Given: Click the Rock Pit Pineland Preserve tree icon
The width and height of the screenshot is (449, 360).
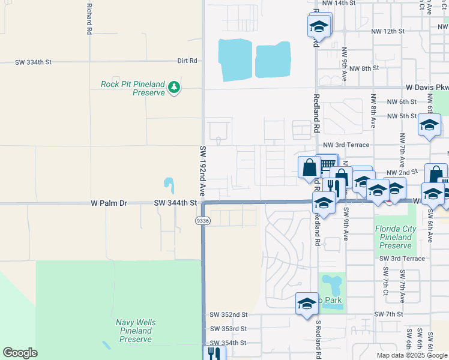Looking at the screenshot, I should point(174,88).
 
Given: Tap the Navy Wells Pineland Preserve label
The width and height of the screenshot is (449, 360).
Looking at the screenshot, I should point(136,331).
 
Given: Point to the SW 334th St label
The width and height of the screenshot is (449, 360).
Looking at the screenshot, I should point(34,62).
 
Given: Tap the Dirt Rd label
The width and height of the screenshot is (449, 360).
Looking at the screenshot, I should point(187,61).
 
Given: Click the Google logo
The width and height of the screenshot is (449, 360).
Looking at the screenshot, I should point(20,353).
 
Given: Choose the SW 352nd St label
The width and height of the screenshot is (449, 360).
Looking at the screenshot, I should point(228,314).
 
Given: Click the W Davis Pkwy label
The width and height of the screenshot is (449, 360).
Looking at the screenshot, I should point(426,88).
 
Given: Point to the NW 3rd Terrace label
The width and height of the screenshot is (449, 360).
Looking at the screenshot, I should point(346,145).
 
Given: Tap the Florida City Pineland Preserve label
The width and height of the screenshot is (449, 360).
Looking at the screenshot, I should point(395,237).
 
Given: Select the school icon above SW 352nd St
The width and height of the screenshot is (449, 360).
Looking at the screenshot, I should point(307,304).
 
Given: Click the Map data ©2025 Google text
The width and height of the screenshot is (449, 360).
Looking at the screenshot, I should point(412,355).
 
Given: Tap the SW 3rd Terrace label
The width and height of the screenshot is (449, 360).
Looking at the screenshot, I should point(402,259).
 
